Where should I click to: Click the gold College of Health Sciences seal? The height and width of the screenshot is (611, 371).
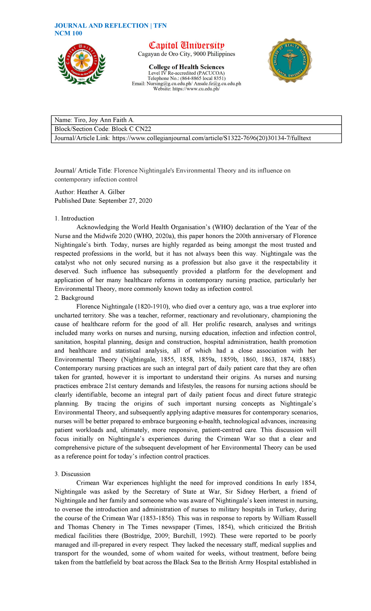coord(290,60)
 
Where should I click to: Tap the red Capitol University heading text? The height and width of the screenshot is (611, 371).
coord(186,45)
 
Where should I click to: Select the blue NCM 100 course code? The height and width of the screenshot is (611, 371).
coord(68,33)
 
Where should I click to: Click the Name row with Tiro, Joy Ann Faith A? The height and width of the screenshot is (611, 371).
coord(95,120)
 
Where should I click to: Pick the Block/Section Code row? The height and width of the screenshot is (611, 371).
coord(103,129)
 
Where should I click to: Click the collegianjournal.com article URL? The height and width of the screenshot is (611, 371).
coord(211,138)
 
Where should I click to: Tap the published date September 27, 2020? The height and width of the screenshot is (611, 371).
coord(125,201)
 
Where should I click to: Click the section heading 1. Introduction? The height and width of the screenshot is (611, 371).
coord(74,218)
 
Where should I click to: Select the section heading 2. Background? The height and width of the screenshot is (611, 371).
coord(74,298)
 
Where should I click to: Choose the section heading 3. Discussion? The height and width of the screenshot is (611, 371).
coord(73,474)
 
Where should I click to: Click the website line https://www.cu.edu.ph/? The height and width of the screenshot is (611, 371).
coord(186,89)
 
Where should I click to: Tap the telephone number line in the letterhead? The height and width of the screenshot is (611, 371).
coord(186,78)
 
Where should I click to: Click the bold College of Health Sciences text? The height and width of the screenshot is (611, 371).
coord(186,67)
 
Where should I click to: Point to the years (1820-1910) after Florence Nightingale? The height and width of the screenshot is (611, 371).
coord(152,307)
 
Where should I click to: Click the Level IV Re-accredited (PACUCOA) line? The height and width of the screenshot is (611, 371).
coord(186,73)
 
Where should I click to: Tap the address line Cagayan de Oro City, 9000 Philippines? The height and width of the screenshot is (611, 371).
coord(186,54)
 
